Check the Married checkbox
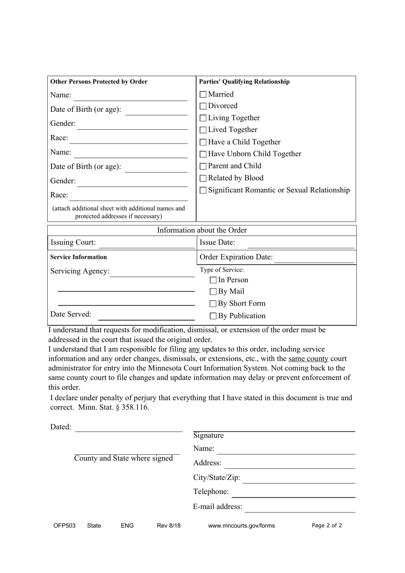coord(203,95)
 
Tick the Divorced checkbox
coord(203,106)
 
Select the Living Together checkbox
coord(203,118)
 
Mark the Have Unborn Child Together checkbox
coord(203,154)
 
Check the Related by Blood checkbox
coord(203,178)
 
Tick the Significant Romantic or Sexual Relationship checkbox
coord(203,190)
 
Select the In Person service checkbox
coord(213,281)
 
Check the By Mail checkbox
coord(213,292)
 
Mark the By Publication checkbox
coord(213,316)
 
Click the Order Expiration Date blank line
coord(314,260)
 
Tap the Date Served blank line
coord(146,317)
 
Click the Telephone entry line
coord(293,494)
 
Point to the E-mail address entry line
coord(300,509)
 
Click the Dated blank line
coord(129,429)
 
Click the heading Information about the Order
coord(202,231)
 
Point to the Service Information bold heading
coord(78,257)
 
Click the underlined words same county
coord(308,359)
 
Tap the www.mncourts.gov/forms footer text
coord(241,526)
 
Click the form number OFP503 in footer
coord(64,526)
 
